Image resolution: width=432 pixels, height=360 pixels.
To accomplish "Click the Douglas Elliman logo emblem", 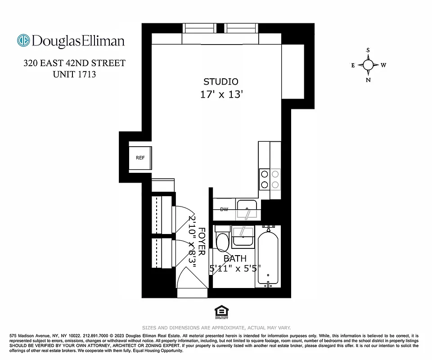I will [x=23, y=40].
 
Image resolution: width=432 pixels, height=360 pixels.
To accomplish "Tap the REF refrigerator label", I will [x=140, y=158].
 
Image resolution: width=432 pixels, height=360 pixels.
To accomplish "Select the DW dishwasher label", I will [x=224, y=209].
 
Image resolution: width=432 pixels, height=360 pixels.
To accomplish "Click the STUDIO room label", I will [x=221, y=81].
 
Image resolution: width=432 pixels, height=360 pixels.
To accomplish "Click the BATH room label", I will [x=235, y=258].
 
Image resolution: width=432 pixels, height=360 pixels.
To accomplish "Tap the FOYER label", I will [x=202, y=241].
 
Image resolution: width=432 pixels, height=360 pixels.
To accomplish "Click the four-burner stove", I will [x=270, y=179].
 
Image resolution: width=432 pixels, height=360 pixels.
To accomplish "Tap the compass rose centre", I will [x=369, y=65].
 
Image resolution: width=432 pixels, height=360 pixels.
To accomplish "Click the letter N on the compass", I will [x=369, y=80].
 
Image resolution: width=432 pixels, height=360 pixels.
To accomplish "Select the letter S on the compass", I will [x=368, y=50].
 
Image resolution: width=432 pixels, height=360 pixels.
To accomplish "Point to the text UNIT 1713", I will [x=74, y=75].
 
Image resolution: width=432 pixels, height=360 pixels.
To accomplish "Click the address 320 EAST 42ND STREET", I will [x=74, y=63].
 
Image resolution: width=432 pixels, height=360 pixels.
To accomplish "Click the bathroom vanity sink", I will [x=243, y=237].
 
